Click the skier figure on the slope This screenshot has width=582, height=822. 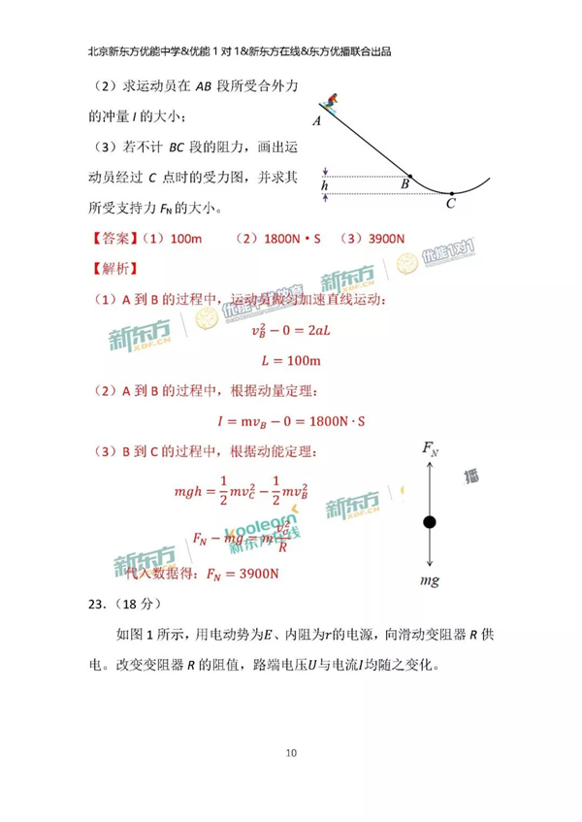[333, 102]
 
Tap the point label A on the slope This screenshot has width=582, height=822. [317, 122]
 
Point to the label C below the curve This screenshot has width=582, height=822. [450, 204]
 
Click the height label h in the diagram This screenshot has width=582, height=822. [325, 184]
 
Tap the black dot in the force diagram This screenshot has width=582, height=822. [430, 523]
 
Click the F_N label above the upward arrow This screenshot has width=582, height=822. [431, 449]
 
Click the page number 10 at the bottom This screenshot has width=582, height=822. [291, 753]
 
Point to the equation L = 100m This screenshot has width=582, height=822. [291, 361]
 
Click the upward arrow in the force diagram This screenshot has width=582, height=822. [430, 485]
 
